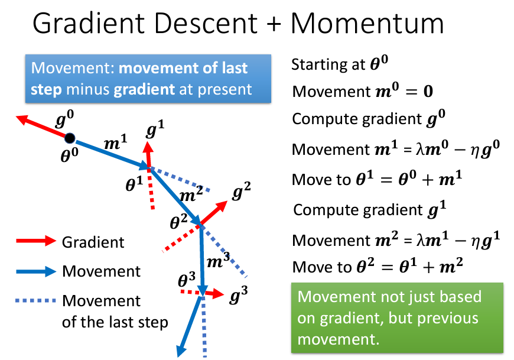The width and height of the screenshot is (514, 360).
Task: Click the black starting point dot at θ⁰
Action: (x=69, y=139)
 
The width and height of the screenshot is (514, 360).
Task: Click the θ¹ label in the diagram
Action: (x=134, y=184)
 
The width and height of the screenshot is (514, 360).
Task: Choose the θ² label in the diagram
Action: (x=178, y=222)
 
